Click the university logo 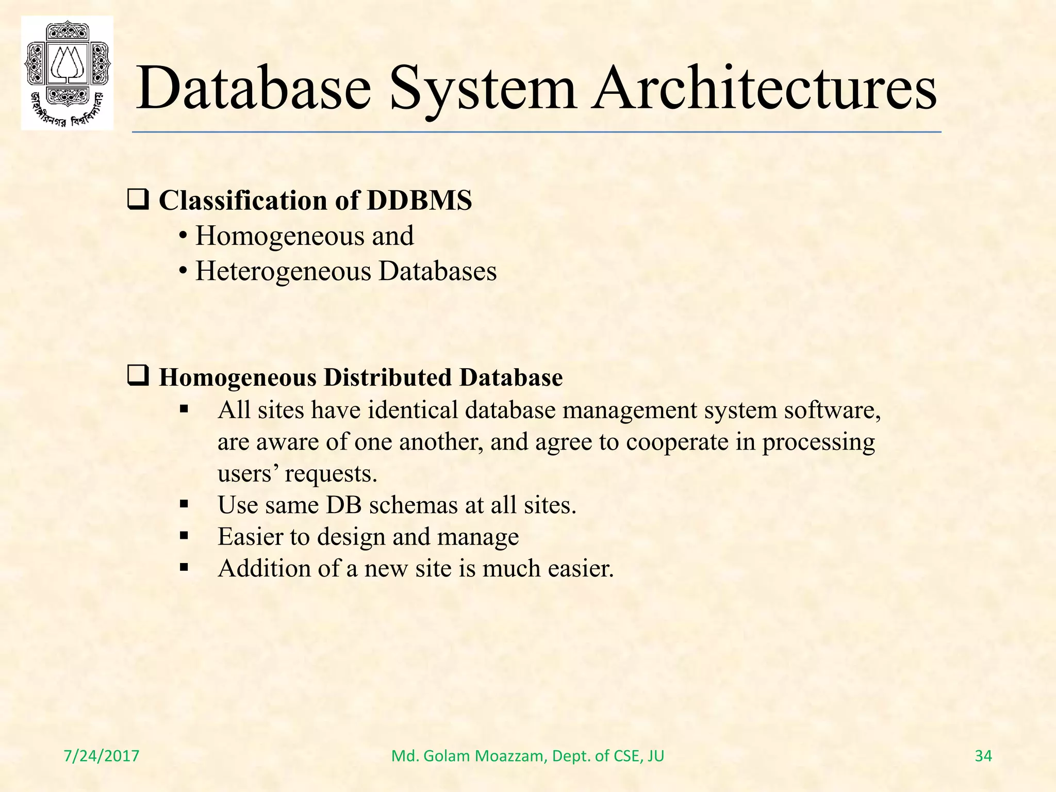pos(67,73)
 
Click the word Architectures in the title pos(764,88)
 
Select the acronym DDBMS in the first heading pos(419,201)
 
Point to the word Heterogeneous pos(283,271)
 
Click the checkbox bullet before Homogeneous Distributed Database pos(138,376)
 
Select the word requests pos(331,474)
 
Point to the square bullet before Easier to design pos(184,536)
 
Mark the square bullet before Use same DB pos(184,505)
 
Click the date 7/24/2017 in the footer pos(102,756)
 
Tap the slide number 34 pos(983,756)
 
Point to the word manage pos(478,537)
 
